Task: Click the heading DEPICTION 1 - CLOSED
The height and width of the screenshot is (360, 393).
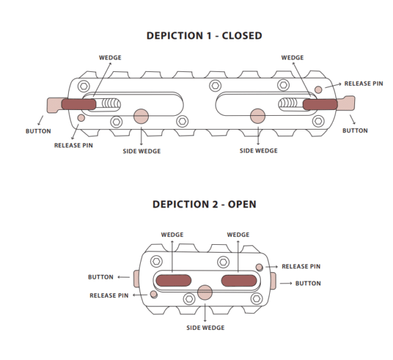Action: pos(204,36)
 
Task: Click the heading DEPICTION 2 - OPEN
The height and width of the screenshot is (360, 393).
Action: pos(204,204)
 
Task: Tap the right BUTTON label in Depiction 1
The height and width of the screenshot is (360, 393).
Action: pos(355,131)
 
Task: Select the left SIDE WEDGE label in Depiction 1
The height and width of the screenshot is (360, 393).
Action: pos(142,151)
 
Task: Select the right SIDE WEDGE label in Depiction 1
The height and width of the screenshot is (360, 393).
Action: pos(258,151)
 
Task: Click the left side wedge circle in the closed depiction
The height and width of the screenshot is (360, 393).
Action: pos(141,117)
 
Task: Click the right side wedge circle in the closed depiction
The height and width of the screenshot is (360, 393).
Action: pos(257,117)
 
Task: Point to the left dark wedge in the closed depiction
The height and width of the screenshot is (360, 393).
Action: pos(78,103)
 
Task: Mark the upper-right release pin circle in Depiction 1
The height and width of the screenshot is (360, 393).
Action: pos(318,88)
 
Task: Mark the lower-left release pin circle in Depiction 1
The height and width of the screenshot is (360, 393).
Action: pos(81,117)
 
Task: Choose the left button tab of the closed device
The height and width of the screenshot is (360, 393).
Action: pos(54,104)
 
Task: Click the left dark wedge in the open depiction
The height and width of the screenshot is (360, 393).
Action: pos(174,280)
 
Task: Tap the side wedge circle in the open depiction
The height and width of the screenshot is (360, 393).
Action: pos(205,291)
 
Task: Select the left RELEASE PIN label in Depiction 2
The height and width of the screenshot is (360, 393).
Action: pos(109,296)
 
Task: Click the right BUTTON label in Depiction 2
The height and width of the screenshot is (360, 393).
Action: pos(308,283)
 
